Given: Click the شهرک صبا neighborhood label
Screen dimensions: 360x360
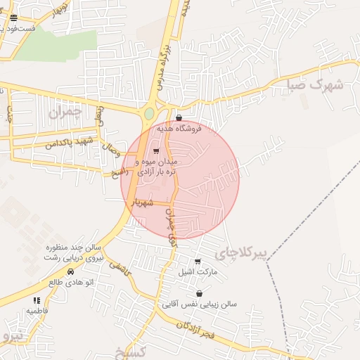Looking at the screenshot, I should (x=315, y=86).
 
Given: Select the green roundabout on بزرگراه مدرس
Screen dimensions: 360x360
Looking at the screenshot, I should (x=149, y=113).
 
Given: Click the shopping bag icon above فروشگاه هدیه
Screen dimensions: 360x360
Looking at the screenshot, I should (x=179, y=118).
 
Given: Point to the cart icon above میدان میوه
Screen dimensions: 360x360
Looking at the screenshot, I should (x=156, y=151).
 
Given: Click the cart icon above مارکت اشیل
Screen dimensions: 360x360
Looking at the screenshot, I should (x=198, y=262).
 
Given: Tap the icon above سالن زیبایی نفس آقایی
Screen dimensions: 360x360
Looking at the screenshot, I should (x=200, y=294).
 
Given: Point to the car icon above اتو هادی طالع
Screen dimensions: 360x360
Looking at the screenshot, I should (x=70, y=271).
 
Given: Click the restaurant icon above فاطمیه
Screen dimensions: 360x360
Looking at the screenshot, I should (x=37, y=301).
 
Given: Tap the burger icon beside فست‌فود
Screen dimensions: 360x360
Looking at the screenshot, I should (x=14, y=18).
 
